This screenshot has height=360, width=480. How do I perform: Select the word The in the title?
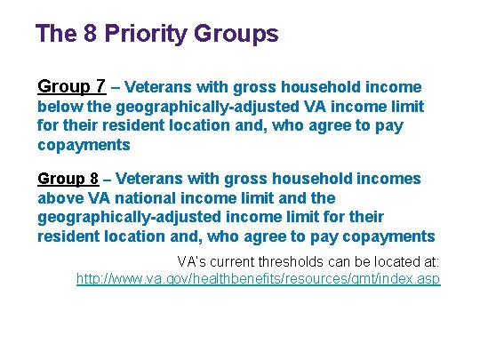click(x=54, y=35)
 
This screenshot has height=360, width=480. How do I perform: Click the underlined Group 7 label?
click(x=72, y=87)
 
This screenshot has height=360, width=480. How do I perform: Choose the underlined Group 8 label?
click(x=68, y=179)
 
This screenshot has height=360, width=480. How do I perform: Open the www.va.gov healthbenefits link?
click(x=258, y=279)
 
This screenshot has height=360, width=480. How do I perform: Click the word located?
click(x=391, y=261)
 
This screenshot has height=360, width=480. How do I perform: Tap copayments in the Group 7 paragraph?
click(x=84, y=144)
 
